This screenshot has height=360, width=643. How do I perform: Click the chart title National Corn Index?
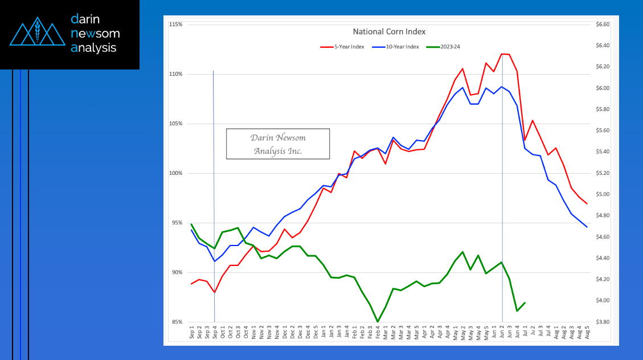[389, 32]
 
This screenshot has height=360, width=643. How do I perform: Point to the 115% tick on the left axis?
[175, 25]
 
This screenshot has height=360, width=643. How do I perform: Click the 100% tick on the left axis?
[175, 173]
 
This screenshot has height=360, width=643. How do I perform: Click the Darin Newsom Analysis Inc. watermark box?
[278, 144]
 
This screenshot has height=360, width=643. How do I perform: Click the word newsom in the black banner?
[95, 33]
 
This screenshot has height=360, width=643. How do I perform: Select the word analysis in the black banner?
[93, 48]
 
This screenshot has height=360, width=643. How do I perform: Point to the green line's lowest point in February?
[378, 321]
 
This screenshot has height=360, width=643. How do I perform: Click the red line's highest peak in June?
[502, 54]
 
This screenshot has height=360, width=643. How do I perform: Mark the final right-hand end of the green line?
[525, 302]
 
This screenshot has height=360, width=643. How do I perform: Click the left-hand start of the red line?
[191, 284]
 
